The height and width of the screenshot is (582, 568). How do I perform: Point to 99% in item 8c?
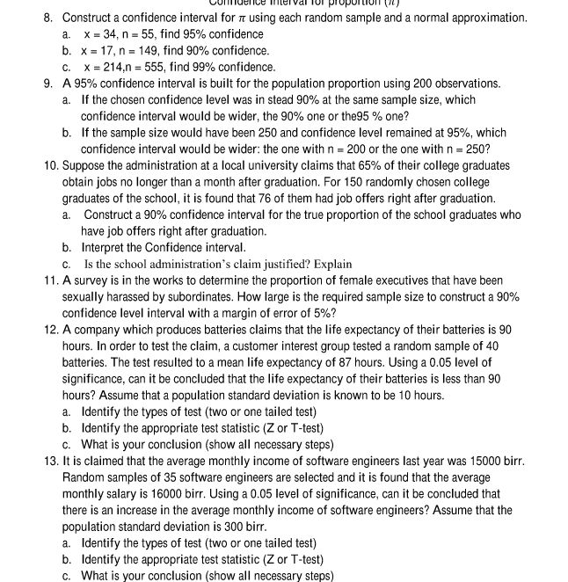[200, 67]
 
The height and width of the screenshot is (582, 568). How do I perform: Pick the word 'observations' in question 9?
[467, 84]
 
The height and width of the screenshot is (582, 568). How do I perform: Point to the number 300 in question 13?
[221, 527]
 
